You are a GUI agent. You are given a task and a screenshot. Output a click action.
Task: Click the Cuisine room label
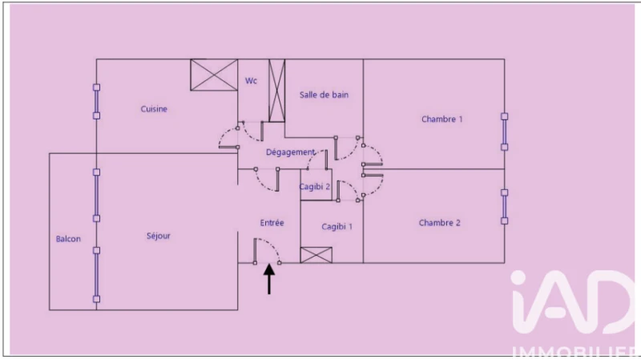154,109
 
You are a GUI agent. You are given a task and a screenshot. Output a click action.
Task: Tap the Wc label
251,81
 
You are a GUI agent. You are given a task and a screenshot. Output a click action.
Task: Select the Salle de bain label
324,95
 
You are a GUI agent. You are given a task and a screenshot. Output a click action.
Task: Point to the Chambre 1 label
442,119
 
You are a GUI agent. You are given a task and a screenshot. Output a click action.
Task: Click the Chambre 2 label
439,223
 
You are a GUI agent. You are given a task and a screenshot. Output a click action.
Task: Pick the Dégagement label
291,152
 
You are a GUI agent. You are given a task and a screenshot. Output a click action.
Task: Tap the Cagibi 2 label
314,187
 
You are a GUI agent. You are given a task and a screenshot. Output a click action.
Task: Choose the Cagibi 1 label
337,227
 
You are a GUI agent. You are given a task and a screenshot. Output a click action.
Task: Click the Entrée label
272,223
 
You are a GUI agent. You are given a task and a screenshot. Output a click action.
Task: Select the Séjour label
158,236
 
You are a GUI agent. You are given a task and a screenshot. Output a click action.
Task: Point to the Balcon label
68,239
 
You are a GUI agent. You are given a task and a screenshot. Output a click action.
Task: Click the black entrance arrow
269,279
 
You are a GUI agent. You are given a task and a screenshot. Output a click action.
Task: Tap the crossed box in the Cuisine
214,75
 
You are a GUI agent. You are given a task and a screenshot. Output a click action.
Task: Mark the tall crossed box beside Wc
276,91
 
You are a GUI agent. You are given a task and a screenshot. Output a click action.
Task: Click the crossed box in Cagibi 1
316,255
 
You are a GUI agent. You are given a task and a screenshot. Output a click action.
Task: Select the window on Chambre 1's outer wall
505,131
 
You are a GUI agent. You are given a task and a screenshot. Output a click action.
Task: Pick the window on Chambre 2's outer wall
505,207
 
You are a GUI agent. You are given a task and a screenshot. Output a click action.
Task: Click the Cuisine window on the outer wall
96,102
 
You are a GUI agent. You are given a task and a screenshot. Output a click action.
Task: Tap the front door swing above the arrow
267,250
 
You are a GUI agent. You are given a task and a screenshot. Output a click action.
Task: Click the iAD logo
572,302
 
